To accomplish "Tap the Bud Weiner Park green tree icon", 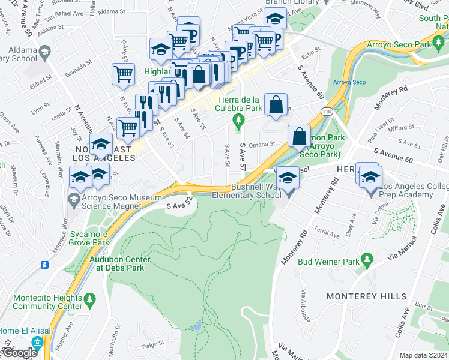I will pyautogui.click(x=369, y=262).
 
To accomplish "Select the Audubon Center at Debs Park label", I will pyautogui.click(x=119, y=263).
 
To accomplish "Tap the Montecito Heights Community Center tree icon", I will pyautogui.click(x=90, y=298).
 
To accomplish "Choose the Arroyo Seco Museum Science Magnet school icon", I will pyautogui.click(x=73, y=199).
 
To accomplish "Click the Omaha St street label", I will pyautogui.click(x=262, y=144).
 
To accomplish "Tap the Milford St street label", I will pyautogui.click(x=402, y=127).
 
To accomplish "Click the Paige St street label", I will pyautogui.click(x=154, y=344).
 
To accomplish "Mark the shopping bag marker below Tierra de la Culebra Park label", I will pyautogui.click(x=275, y=104).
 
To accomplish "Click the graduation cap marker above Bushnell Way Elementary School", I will pyautogui.click(x=289, y=176).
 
